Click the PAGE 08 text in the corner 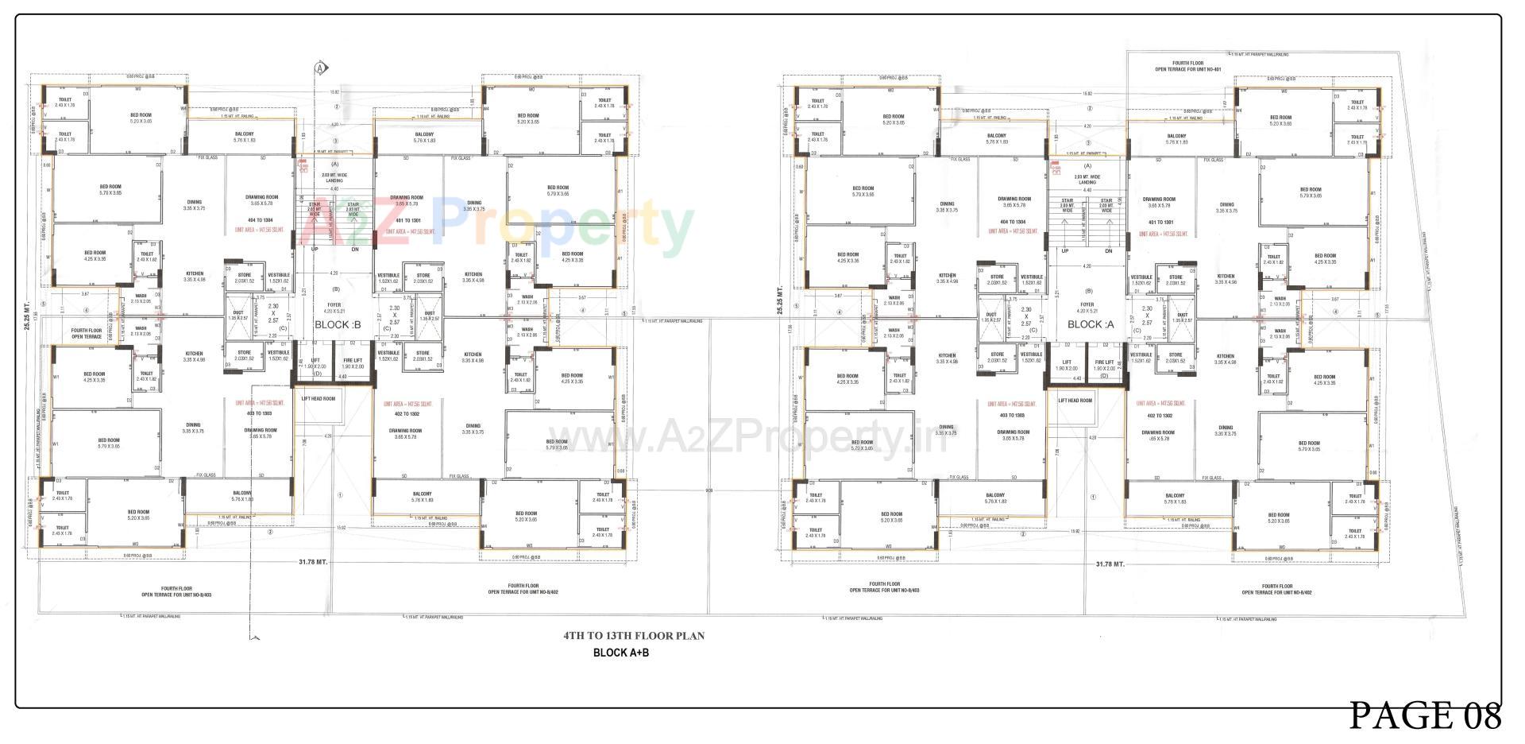pyautogui.click(x=1426, y=716)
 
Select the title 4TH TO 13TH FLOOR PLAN pyautogui.click(x=633, y=636)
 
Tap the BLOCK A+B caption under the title pyautogui.click(x=621, y=653)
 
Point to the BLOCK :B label pyautogui.click(x=338, y=325)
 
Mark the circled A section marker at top pyautogui.click(x=321, y=68)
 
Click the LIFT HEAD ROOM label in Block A pyautogui.click(x=1075, y=401)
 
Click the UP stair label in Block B pyautogui.click(x=315, y=249)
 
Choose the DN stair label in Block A pyautogui.click(x=1108, y=251)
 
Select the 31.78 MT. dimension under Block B pyautogui.click(x=313, y=562)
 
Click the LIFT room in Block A pyautogui.click(x=1065, y=366)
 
